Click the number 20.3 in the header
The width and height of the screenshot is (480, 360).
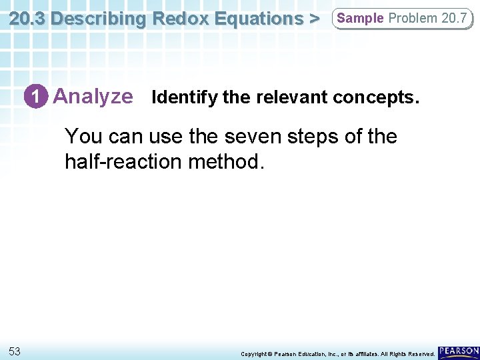(28, 18)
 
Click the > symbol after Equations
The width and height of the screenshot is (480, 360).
(313, 18)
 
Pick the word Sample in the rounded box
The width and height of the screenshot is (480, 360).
(361, 18)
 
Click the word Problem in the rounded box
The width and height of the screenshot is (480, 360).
(413, 18)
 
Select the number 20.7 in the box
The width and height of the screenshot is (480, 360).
(454, 18)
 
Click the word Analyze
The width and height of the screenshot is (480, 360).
(93, 97)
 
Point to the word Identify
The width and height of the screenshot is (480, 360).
(185, 98)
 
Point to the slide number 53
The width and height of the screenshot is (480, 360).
(15, 351)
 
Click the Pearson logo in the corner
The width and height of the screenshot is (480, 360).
(459, 351)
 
